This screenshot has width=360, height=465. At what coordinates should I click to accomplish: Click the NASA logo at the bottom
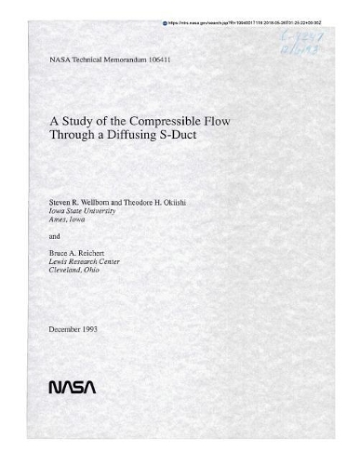72,384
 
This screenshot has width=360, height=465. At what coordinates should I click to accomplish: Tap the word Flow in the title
215,118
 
